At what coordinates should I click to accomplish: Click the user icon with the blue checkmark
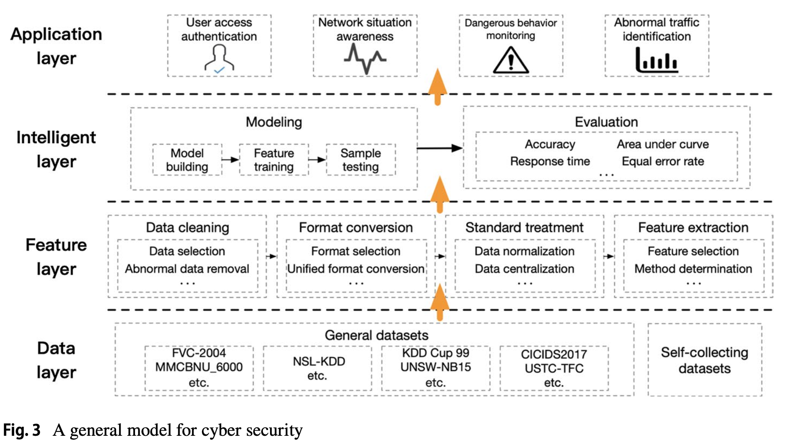point(219,59)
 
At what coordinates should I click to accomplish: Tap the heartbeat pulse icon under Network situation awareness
point(365,59)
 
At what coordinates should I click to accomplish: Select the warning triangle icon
point(511,61)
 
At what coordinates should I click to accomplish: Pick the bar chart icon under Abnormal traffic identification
point(657,61)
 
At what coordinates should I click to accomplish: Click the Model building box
point(187,160)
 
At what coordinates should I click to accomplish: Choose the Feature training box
point(274,160)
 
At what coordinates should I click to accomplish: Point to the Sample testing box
point(361,160)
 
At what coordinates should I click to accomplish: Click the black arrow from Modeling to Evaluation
point(440,148)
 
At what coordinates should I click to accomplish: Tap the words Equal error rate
point(663,161)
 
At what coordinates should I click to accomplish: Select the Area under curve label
point(663,144)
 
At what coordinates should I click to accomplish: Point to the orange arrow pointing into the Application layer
point(438,86)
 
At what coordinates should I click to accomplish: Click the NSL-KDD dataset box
point(317,368)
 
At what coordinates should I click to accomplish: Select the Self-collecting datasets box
point(704,360)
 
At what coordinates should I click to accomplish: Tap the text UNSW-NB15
point(436,367)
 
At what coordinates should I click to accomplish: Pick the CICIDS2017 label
point(554,354)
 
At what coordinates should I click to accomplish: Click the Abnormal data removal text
point(187,269)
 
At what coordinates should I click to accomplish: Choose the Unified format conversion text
point(356,269)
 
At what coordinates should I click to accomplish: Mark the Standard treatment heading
point(524,227)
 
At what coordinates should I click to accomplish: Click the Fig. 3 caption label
point(22,430)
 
